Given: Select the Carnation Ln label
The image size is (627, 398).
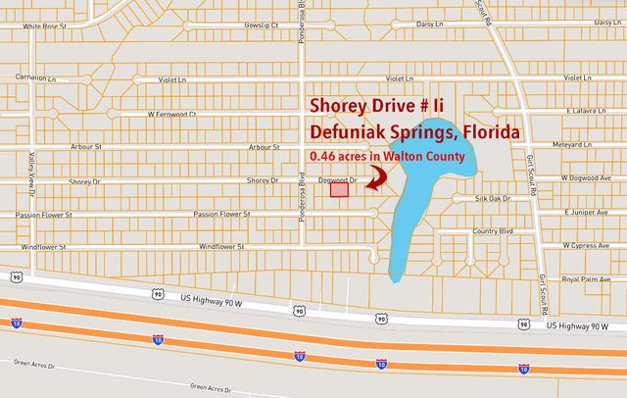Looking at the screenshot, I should click(x=24, y=75).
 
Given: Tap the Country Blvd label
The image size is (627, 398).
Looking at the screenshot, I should click(x=492, y=231).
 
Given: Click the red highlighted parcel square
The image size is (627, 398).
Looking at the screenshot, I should click(x=339, y=191).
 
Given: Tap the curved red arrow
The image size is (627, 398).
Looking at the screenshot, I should click(x=376, y=176).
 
